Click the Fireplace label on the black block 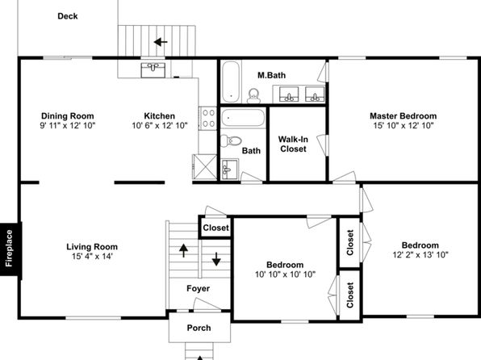point(9,249)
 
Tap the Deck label point(68,16)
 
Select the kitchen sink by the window point(153,70)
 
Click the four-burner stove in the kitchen point(208,119)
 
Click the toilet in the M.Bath point(253,96)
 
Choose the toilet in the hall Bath point(232,141)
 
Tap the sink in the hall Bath point(230,170)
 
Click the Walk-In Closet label point(293,144)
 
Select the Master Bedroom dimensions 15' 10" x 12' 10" point(404,125)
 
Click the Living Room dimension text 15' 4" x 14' point(92,256)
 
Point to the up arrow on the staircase point(183,250)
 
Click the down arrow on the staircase point(216,259)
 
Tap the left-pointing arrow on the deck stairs point(161,42)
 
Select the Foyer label point(199,288)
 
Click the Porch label point(199,328)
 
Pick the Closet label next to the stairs point(216,228)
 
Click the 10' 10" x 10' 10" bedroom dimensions point(285,274)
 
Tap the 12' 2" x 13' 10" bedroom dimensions point(420,254)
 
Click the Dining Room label point(68,116)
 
